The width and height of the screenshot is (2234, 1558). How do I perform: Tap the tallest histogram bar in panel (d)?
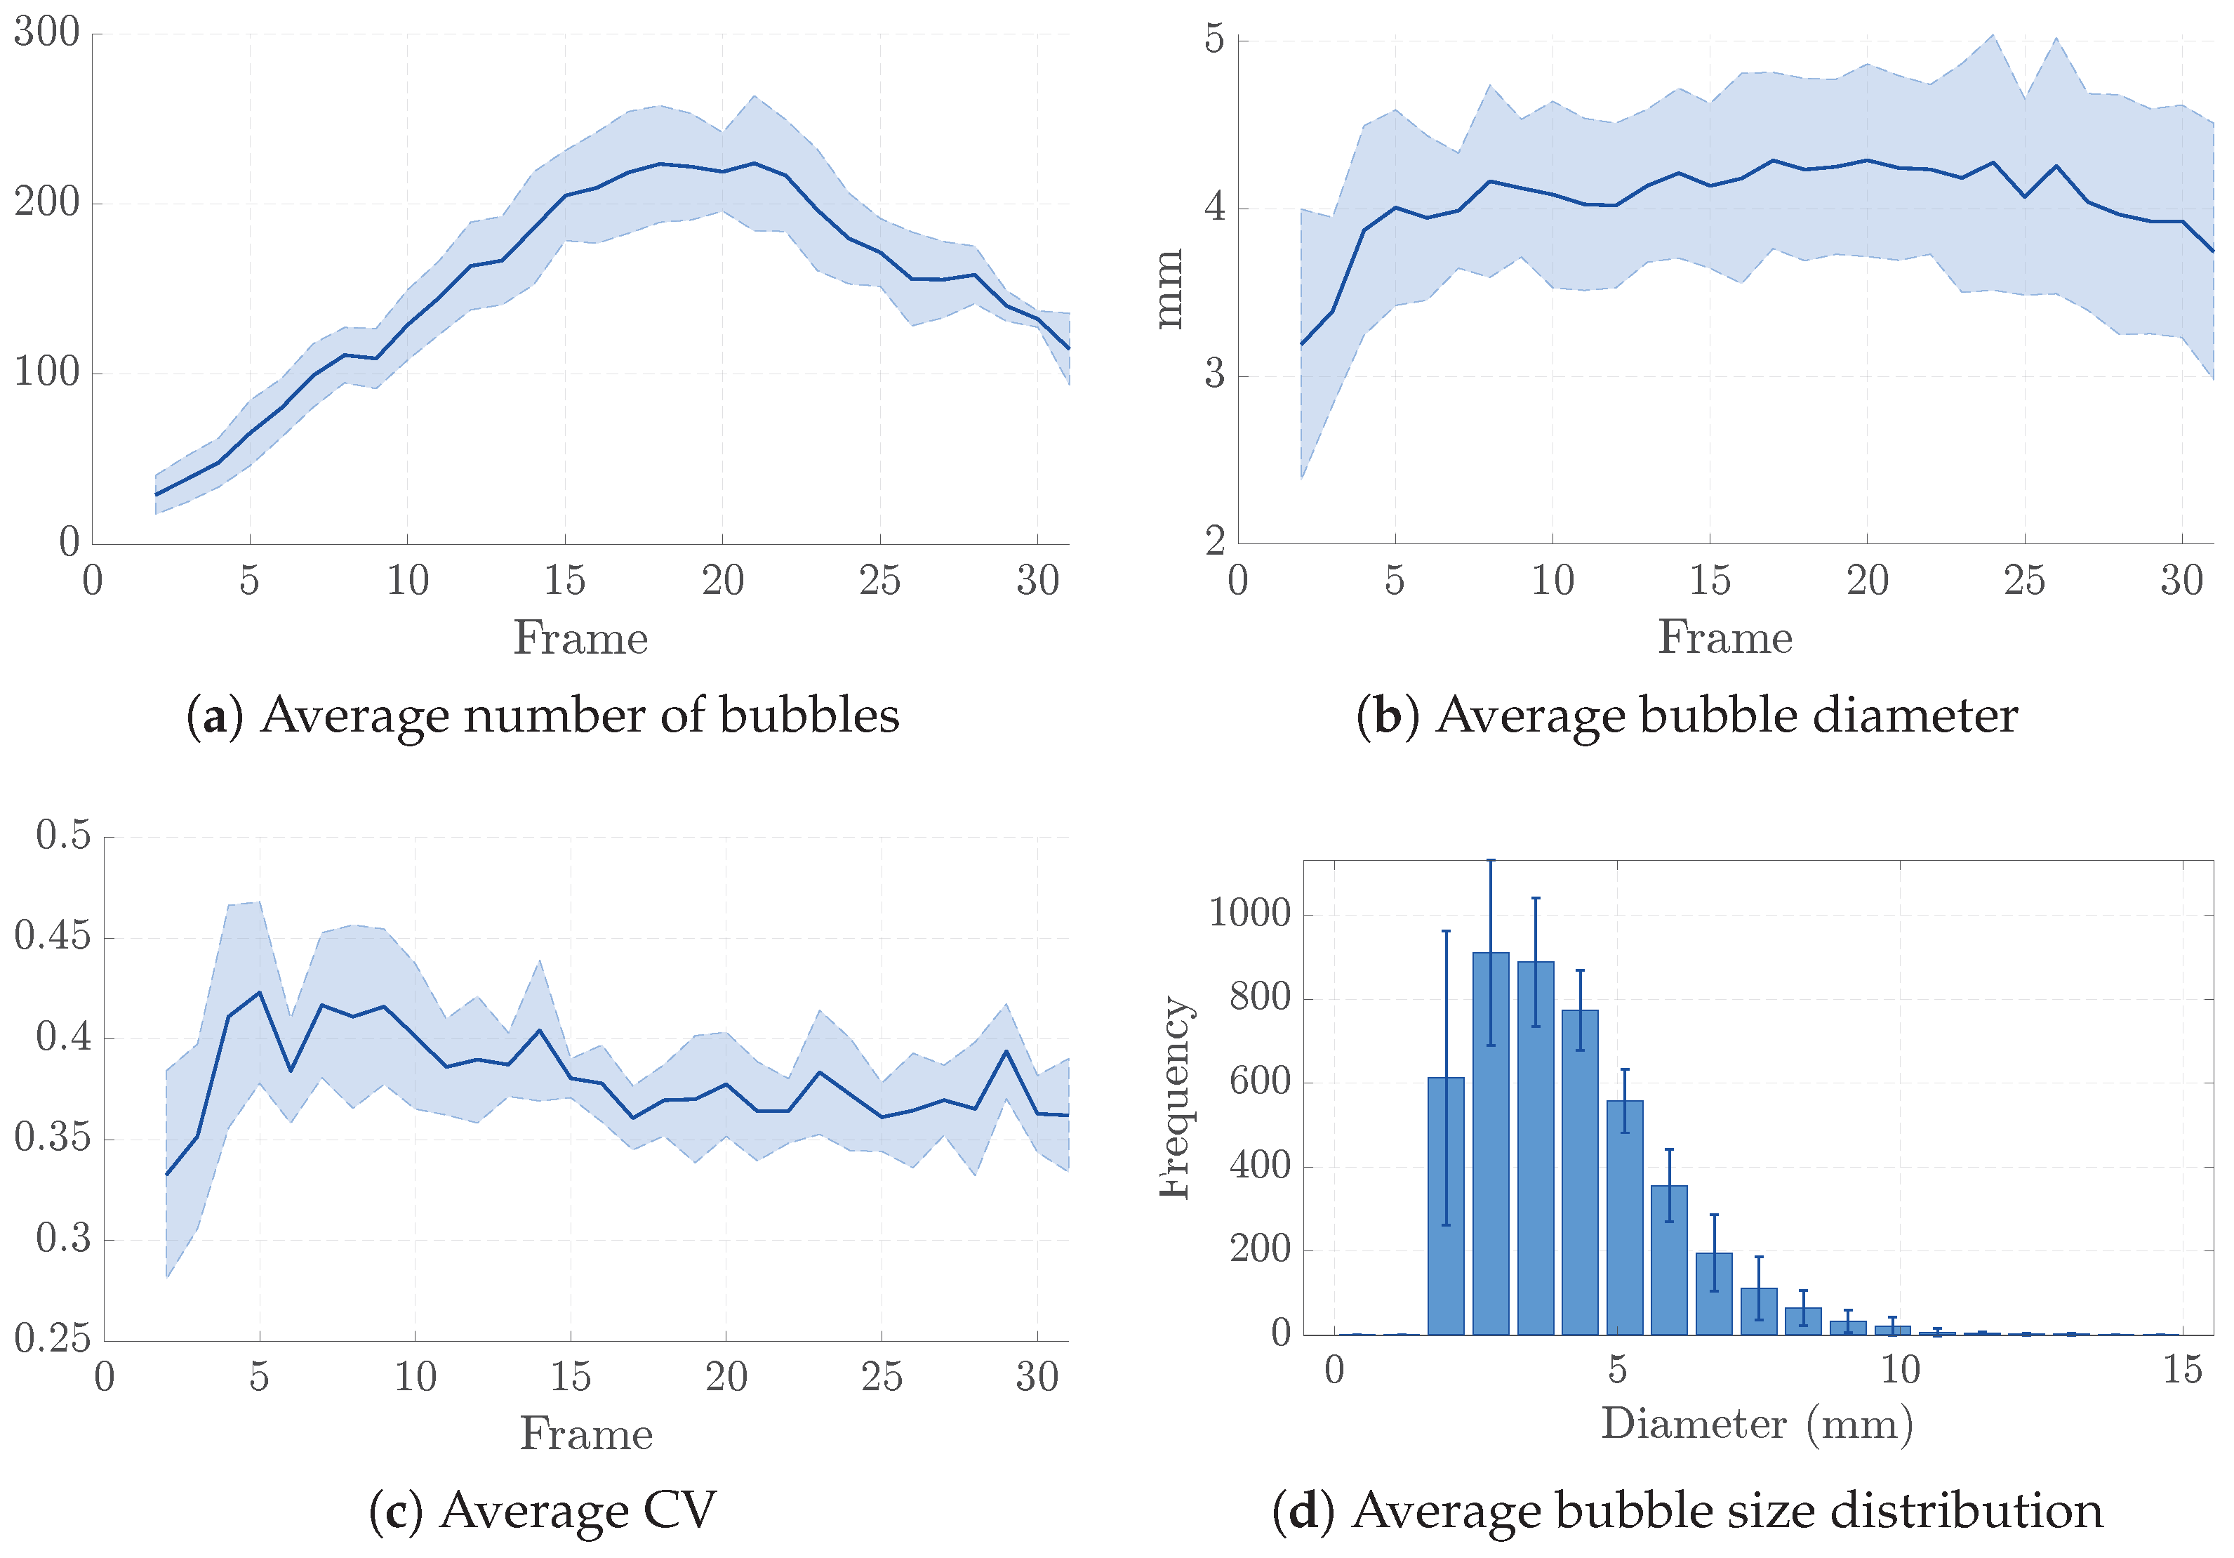click(x=1491, y=1144)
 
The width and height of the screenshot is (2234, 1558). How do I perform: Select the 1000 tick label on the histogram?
click(x=1249, y=913)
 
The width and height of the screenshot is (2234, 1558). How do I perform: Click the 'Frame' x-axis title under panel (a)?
click(x=581, y=638)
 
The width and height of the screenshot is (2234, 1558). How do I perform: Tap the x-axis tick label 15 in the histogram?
click(x=2183, y=1371)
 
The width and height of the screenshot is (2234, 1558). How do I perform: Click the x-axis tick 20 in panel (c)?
click(x=726, y=1377)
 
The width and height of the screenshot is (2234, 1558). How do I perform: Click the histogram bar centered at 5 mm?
click(x=1625, y=1217)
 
